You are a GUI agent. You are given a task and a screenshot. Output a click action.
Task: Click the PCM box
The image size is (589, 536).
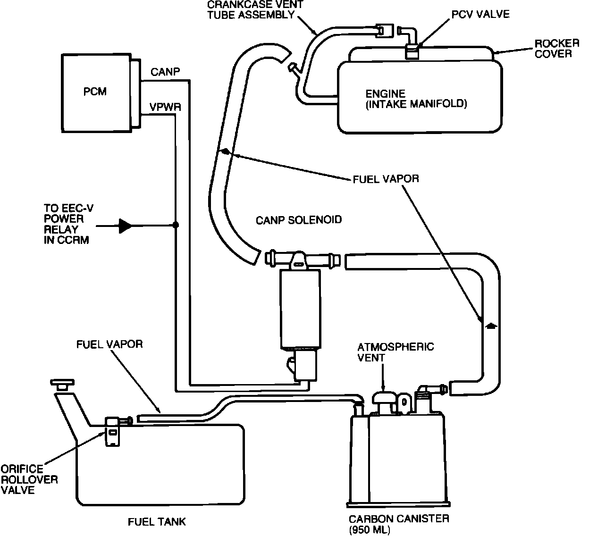click(x=96, y=93)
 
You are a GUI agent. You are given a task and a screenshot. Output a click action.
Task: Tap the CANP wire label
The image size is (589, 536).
click(x=165, y=72)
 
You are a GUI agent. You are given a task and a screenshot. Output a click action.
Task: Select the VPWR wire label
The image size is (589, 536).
click(x=165, y=107)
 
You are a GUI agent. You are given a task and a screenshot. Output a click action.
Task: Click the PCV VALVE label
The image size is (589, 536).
click(x=480, y=14)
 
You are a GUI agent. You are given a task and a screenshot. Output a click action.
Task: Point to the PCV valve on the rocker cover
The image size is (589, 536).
click(x=412, y=51)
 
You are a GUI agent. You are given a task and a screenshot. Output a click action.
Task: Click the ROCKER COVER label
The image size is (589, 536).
click(x=557, y=49)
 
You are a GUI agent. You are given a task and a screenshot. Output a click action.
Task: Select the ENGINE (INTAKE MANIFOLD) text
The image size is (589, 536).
click(x=416, y=99)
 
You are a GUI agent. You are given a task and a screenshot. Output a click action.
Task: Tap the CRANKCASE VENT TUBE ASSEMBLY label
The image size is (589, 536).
click(x=255, y=10)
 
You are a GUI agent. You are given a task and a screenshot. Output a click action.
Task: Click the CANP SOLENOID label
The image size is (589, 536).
click(x=299, y=220)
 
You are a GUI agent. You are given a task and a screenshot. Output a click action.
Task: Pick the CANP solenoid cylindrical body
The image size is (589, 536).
click(x=300, y=309)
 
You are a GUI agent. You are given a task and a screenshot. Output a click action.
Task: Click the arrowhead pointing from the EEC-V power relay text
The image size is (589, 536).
click(x=126, y=226)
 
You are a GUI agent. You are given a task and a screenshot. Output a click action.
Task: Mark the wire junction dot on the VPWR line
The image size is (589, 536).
click(x=176, y=225)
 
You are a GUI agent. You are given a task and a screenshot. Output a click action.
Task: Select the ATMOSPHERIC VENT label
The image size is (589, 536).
click(x=395, y=352)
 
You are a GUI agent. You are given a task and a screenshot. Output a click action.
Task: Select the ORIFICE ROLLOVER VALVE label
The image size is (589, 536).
click(x=29, y=479)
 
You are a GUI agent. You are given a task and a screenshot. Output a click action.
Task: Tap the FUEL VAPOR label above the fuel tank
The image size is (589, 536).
click(x=109, y=344)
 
